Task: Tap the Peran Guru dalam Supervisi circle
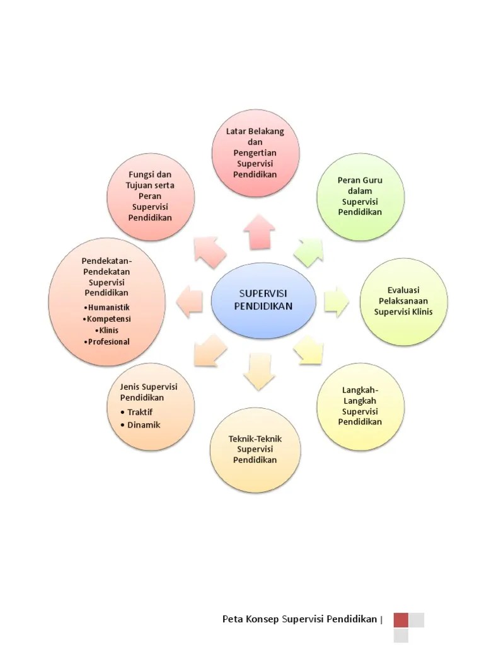click(x=360, y=196)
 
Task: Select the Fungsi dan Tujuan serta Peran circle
click(x=151, y=196)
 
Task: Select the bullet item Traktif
click(x=140, y=412)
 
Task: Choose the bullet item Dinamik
click(x=143, y=425)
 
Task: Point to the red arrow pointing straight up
click(x=258, y=231)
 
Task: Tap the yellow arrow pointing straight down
click(x=258, y=372)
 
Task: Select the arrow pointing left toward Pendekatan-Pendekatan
click(x=189, y=300)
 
